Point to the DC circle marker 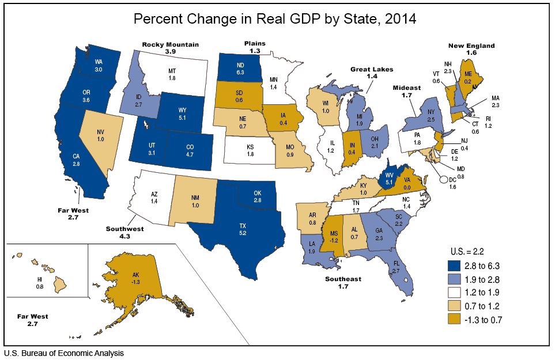444,179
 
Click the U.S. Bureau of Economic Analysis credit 64,353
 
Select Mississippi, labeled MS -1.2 333,236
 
